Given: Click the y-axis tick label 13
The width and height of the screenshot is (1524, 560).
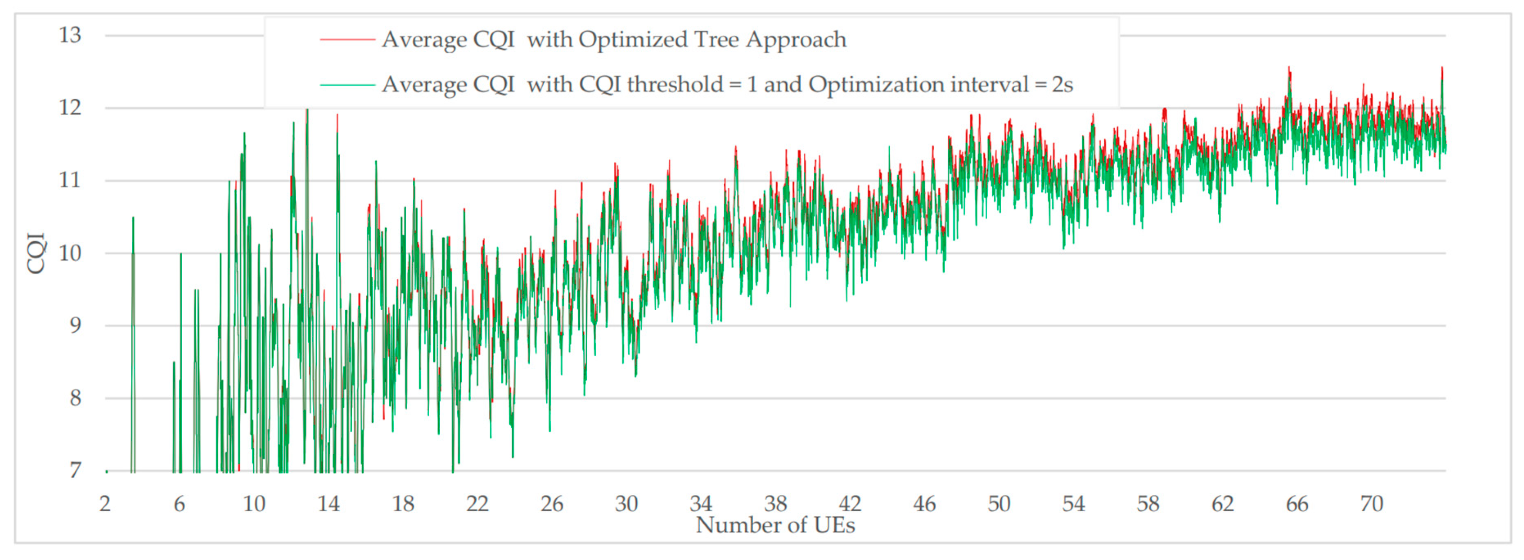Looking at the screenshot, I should pos(70,36).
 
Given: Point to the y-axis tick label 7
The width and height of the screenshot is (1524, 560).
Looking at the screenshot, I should pos(74,471).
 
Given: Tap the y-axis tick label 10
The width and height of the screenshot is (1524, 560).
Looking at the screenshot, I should pos(70,253).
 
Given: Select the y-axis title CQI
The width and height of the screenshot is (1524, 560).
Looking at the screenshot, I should pos(36,253).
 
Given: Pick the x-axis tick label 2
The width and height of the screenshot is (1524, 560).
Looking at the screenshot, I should pos(105,504).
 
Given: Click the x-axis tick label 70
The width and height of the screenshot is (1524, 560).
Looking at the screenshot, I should pos(1371,504).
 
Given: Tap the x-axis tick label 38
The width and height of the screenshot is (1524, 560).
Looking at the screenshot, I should pos(775,504).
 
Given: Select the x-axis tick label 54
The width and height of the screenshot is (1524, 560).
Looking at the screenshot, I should pos(1073,504).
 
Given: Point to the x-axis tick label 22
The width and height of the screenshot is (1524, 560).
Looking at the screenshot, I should pos(478,504).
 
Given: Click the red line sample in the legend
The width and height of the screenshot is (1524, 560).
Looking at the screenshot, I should pos(347,40).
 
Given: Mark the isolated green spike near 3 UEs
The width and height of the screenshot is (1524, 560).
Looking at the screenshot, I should pos(133,220).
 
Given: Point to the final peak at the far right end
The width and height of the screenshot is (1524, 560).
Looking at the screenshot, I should pos(1442,69).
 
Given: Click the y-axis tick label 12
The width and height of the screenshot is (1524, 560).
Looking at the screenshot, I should pos(70,108).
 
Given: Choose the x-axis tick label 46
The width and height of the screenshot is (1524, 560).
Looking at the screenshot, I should pos(924,504).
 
